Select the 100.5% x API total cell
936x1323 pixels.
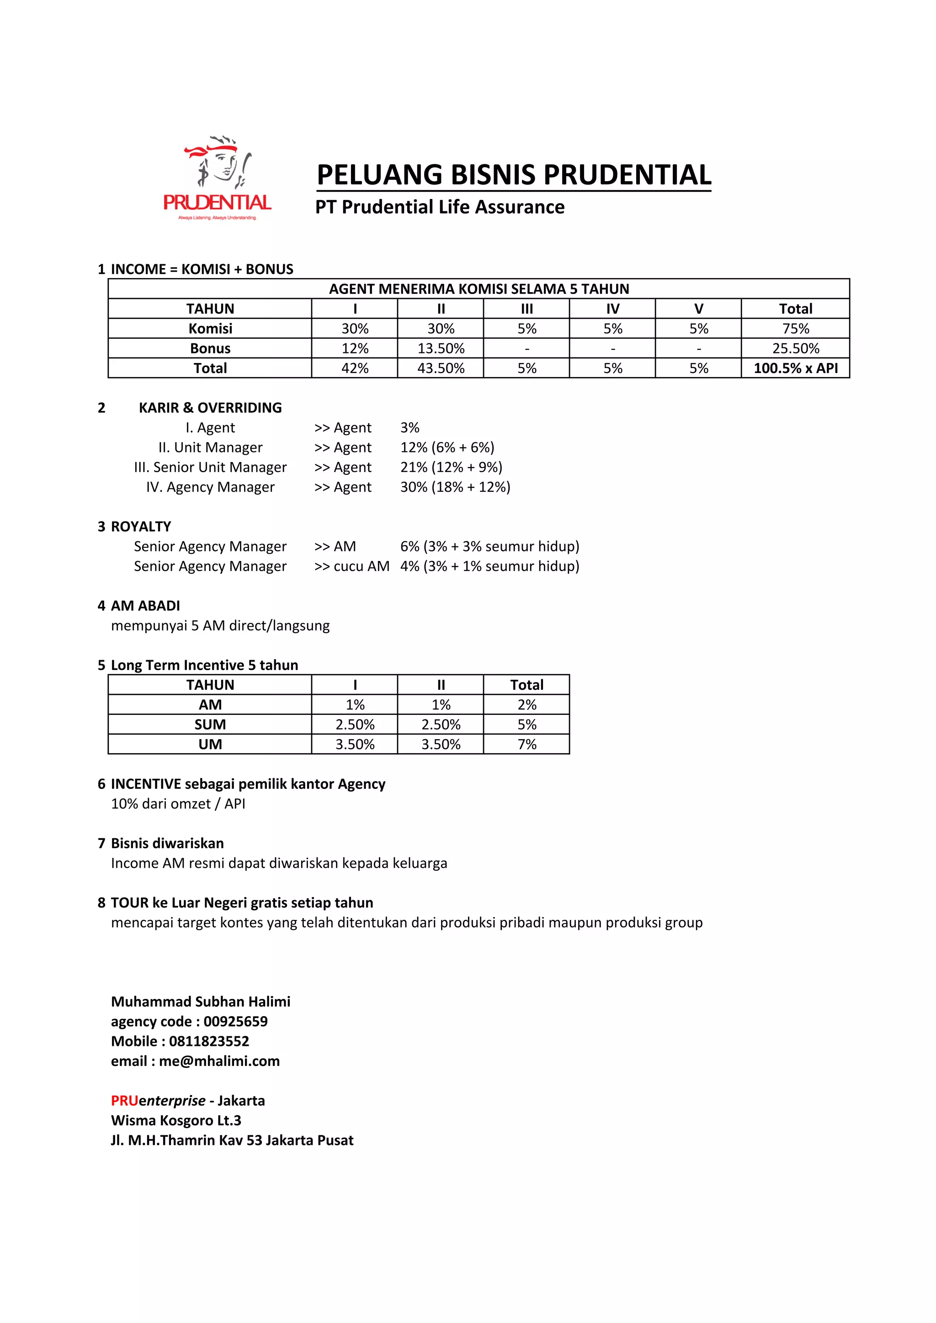pyautogui.click(x=795, y=368)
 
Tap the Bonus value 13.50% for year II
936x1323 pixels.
pyautogui.click(x=441, y=349)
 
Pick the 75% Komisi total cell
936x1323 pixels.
pyautogui.click(x=795, y=328)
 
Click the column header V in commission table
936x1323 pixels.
pyautogui.click(x=698, y=309)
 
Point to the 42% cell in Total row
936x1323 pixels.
pyautogui.click(x=355, y=368)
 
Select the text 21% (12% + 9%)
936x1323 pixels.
pyautogui.click(x=451, y=467)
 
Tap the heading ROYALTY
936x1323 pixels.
pyautogui.click(x=141, y=527)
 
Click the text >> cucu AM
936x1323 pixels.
pyautogui.click(x=352, y=567)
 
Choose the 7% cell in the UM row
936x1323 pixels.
pyautogui.click(x=526, y=745)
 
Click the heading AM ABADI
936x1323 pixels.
pyautogui.click(x=145, y=606)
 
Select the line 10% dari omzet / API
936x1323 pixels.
pyautogui.click(x=178, y=804)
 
